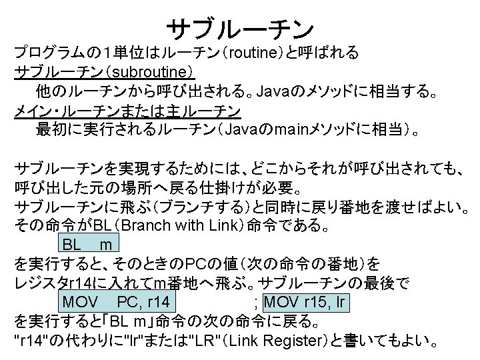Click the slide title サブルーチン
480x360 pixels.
pyautogui.click(x=239, y=27)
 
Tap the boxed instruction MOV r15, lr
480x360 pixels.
pyautogui.click(x=307, y=303)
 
